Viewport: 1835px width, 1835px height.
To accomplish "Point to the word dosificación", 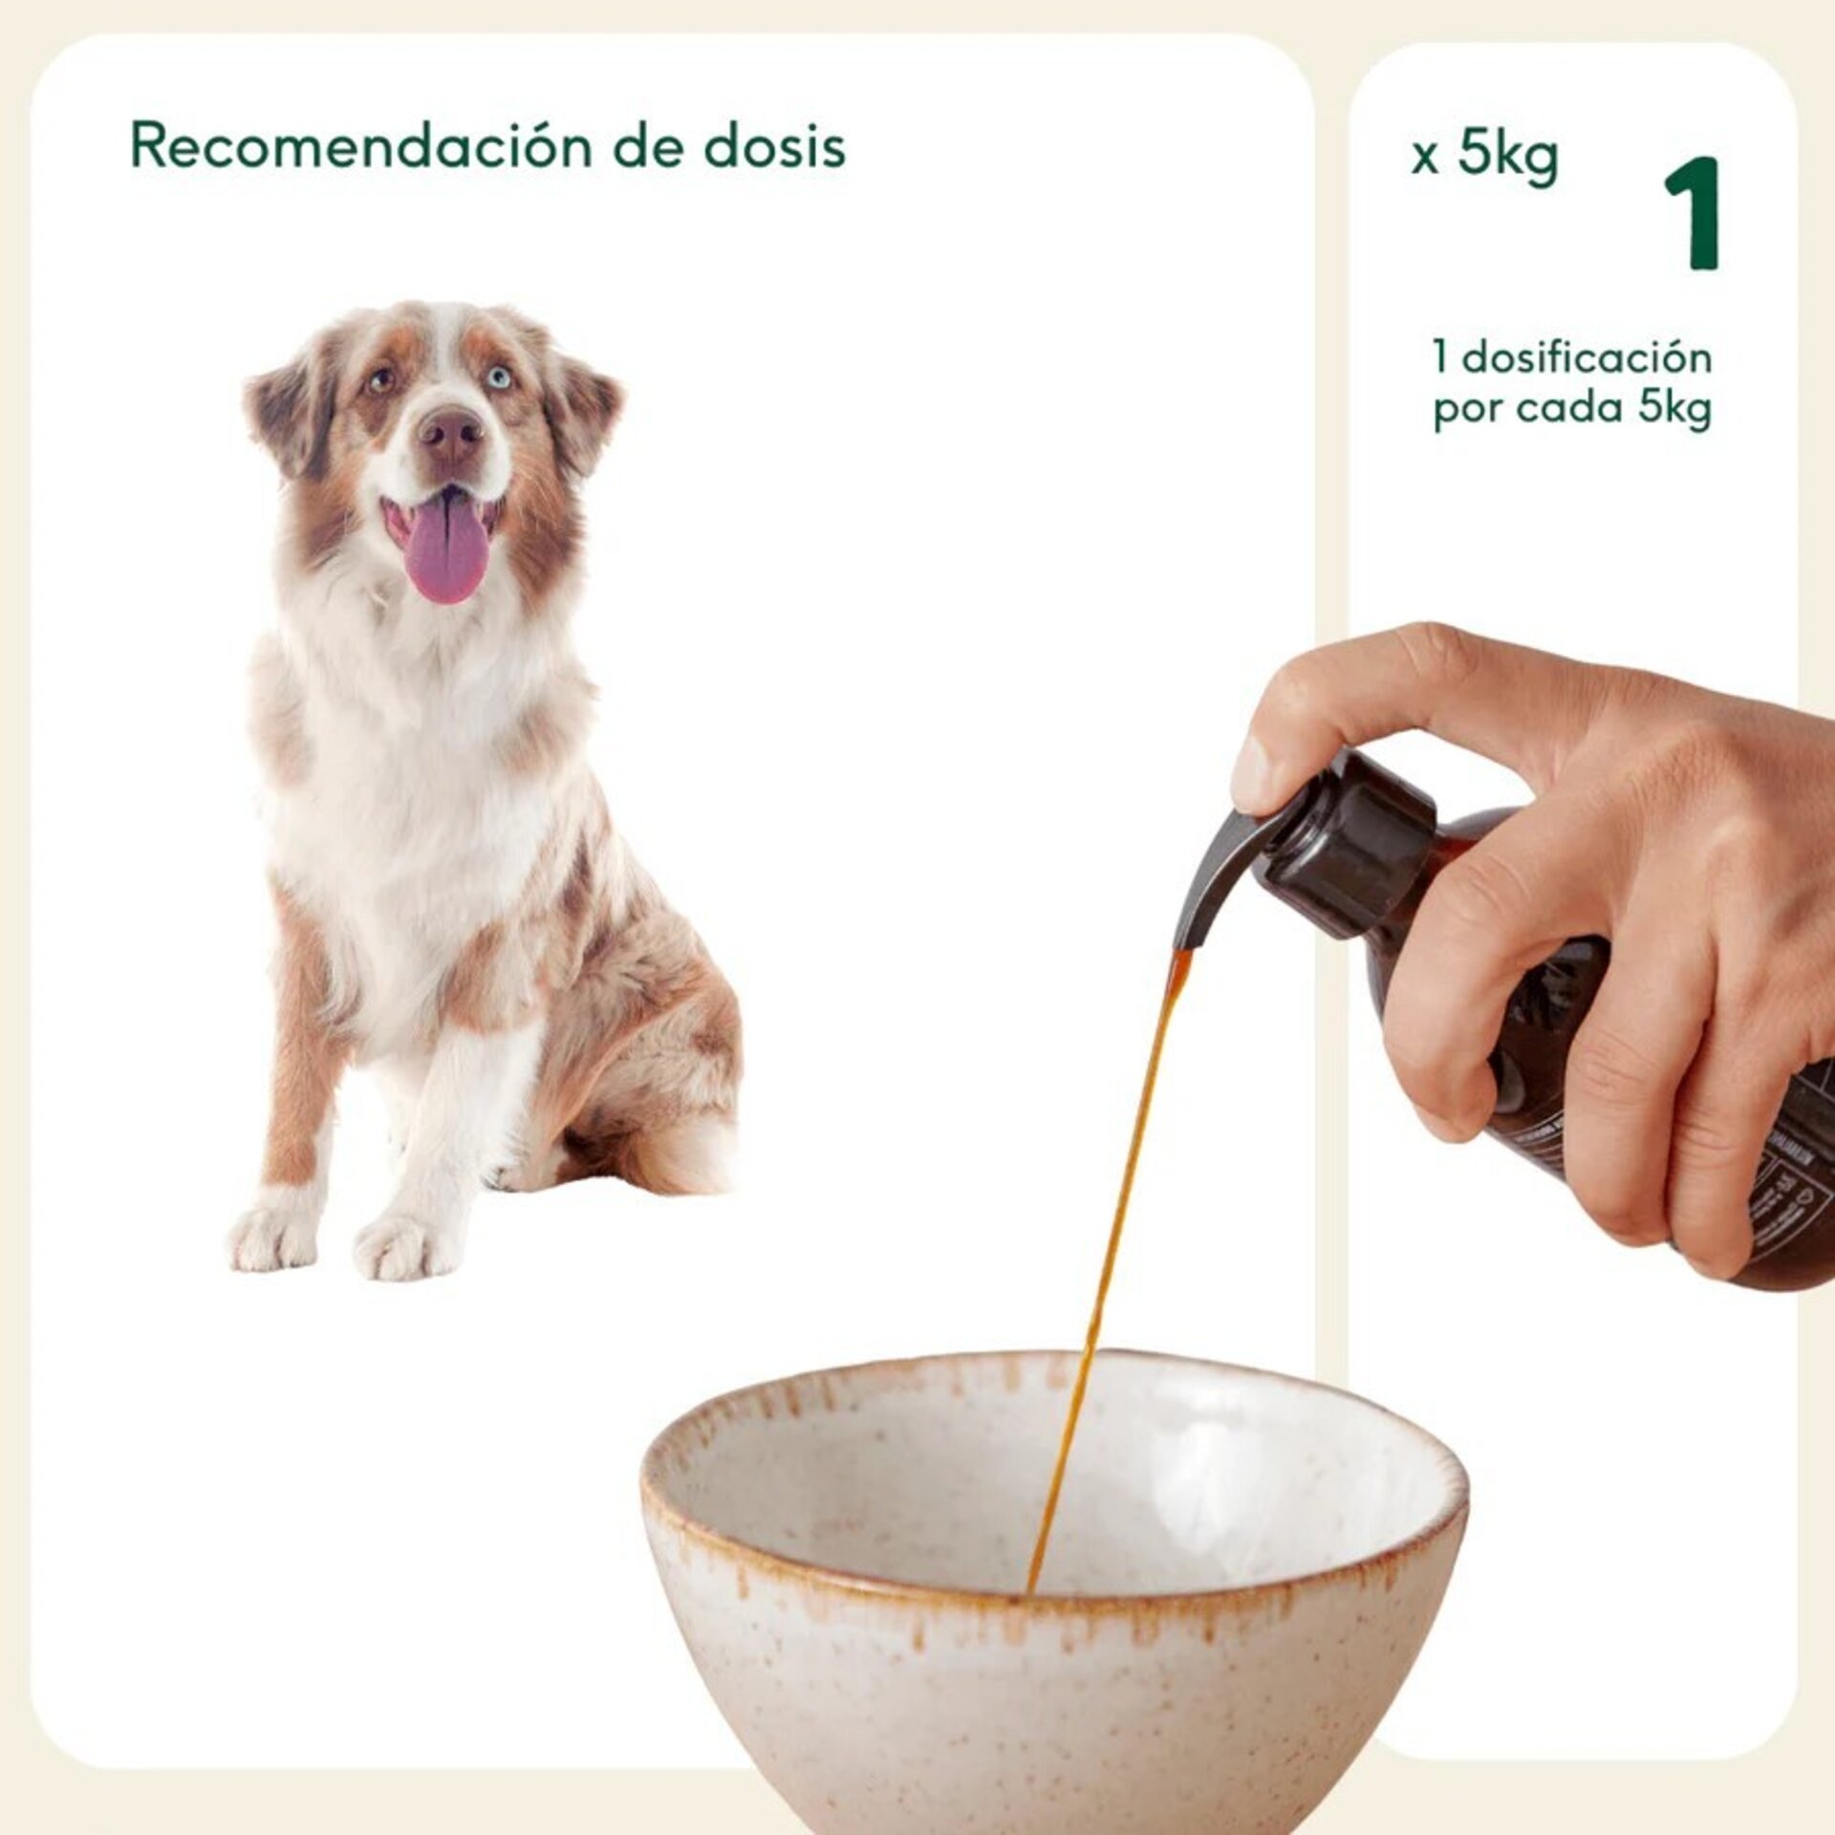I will [x=1587, y=358].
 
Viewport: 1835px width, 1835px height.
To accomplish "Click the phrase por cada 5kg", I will [x=1572, y=409].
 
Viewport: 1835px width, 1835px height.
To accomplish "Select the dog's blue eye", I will [x=498, y=377].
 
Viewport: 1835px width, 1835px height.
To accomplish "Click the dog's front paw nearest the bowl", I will [x=404, y=1245].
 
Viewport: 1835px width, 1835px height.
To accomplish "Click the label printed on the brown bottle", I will [x=1787, y=1176].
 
